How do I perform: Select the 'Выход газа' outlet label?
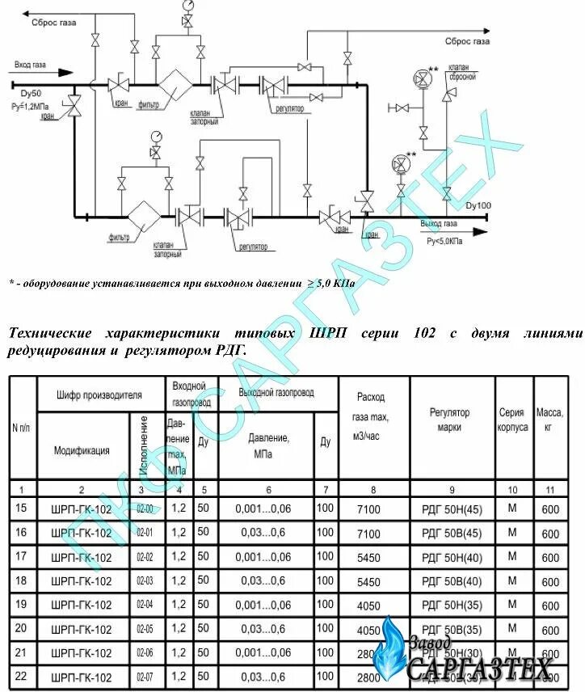point(439,223)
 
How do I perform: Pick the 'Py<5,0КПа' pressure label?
point(444,241)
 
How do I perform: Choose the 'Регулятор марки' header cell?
point(450,419)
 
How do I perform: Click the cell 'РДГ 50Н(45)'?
point(452,509)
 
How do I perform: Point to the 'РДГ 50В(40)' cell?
point(452,581)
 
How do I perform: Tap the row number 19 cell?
point(22,605)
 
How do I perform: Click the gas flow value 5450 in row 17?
point(368,558)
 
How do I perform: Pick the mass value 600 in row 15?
point(549,509)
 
